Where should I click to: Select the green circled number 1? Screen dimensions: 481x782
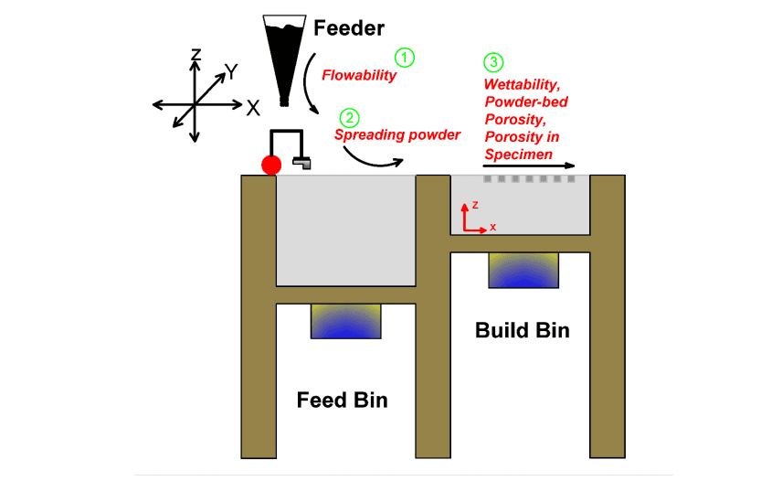(x=405, y=57)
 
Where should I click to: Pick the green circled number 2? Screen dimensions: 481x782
(x=348, y=118)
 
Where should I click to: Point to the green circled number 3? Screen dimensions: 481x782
(x=493, y=63)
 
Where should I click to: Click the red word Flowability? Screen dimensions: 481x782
(x=359, y=76)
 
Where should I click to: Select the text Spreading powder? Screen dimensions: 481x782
(x=397, y=134)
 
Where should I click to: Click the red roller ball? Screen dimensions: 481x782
(x=271, y=166)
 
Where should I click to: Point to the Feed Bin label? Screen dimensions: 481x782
(x=342, y=401)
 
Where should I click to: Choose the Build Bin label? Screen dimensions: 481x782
(x=522, y=330)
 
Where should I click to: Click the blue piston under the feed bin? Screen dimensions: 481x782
(x=346, y=322)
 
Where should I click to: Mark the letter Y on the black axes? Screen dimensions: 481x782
(x=232, y=72)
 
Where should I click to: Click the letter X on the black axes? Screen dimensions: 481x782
(x=252, y=107)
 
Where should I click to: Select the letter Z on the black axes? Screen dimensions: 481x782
(x=195, y=56)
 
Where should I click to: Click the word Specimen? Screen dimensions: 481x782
(x=518, y=155)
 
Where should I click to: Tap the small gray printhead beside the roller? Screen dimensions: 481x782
(x=301, y=164)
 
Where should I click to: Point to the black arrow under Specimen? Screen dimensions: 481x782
(x=530, y=166)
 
